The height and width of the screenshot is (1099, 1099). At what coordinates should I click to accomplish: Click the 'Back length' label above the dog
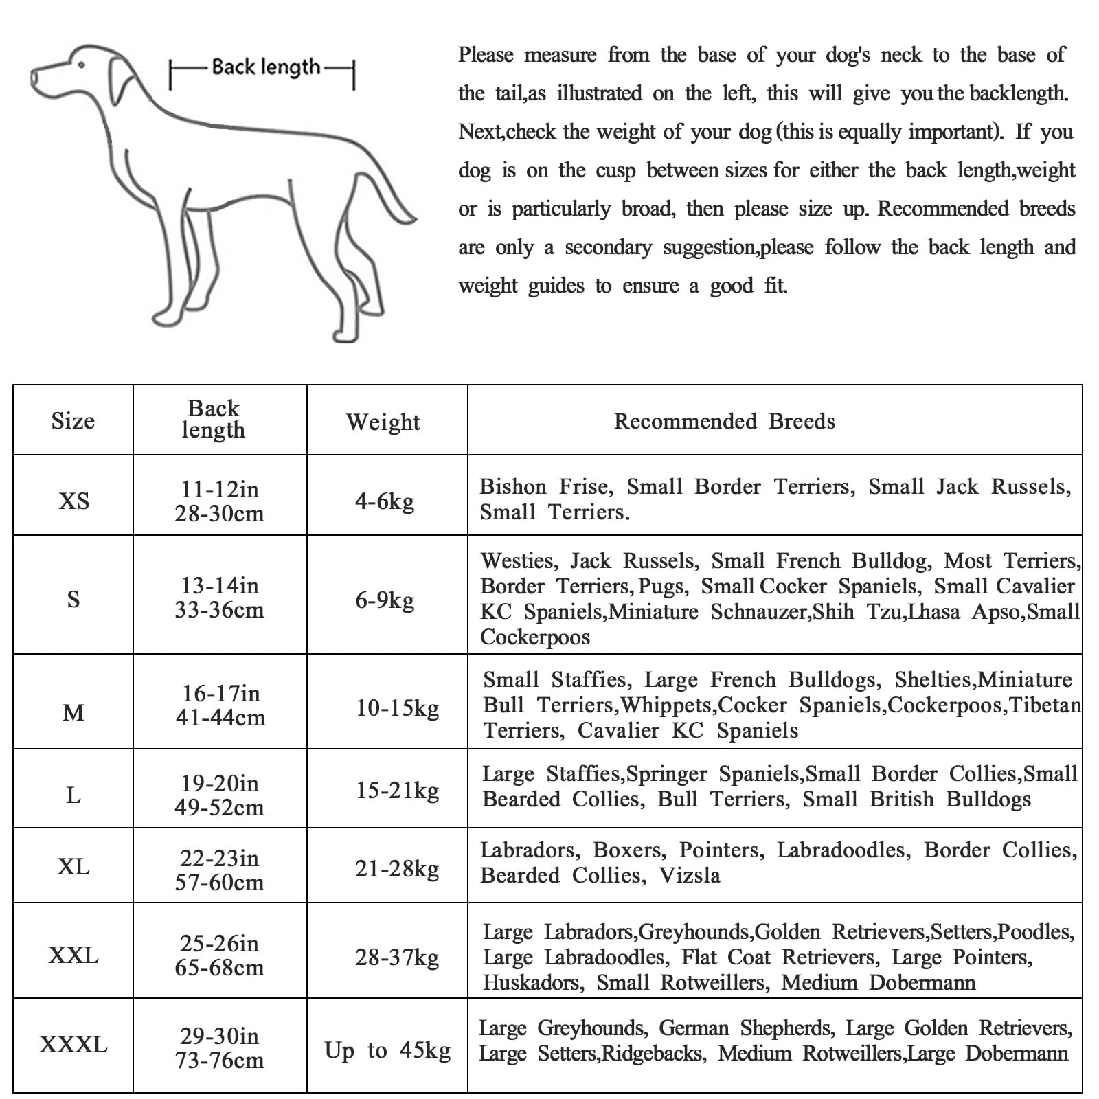(265, 67)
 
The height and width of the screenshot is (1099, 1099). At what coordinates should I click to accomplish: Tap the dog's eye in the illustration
(81, 65)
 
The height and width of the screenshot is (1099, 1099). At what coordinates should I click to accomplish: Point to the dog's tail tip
(411, 220)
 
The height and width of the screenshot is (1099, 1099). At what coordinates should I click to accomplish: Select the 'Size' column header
(73, 420)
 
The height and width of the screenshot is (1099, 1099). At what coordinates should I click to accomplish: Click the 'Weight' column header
(383, 422)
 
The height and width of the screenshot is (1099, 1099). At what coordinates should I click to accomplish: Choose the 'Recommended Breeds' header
(724, 421)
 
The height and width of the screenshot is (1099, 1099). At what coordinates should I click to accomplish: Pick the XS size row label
(73, 501)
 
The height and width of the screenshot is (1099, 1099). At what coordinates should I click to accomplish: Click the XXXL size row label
(73, 1045)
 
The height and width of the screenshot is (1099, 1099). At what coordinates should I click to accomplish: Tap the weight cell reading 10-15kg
(397, 707)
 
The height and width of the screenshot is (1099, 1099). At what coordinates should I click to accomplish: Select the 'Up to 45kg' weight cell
(387, 1050)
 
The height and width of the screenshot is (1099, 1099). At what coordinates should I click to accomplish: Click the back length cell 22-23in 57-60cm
(219, 870)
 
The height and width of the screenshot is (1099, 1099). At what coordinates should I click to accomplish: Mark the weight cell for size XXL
(397, 957)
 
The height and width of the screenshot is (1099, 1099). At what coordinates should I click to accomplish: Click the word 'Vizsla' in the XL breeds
(690, 875)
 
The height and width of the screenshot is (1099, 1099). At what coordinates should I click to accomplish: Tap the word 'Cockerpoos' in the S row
(534, 637)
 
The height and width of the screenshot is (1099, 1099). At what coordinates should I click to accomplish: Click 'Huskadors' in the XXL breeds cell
(532, 982)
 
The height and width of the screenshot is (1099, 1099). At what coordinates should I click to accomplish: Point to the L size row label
(73, 795)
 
